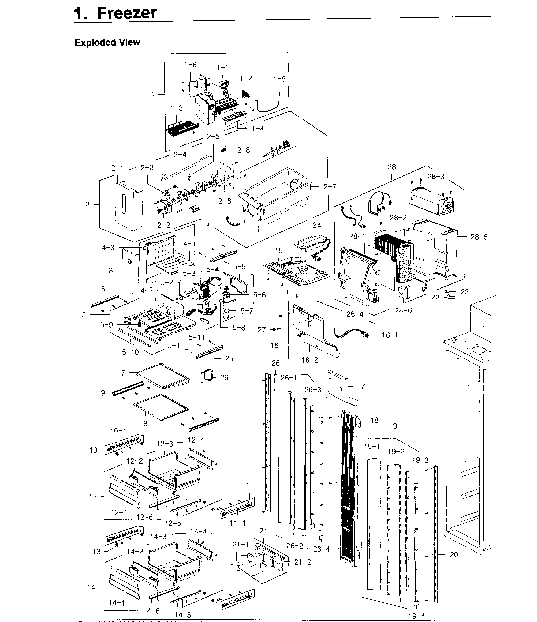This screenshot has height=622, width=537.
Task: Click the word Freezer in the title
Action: (x=127, y=13)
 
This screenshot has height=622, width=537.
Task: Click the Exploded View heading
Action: (x=107, y=43)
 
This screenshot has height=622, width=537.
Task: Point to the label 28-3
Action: (x=436, y=177)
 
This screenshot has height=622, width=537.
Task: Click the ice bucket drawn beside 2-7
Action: (x=276, y=194)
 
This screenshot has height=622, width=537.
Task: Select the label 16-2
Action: (x=309, y=360)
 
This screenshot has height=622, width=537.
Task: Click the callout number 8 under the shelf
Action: (x=145, y=424)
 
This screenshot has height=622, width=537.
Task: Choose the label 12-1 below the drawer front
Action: (x=119, y=513)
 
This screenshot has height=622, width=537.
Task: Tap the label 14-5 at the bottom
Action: (x=183, y=615)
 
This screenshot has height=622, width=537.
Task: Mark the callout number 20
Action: (x=454, y=555)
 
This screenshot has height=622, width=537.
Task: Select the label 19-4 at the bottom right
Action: (x=416, y=616)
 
